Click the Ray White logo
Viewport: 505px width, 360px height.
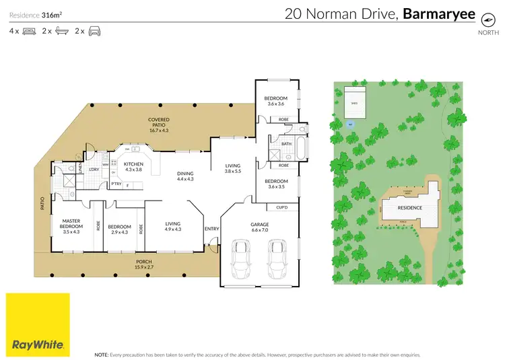pyautogui.click(x=38, y=324)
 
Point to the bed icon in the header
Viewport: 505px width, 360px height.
pyautogui.click(x=29, y=31)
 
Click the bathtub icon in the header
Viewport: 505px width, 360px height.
pyautogui.click(x=61, y=31)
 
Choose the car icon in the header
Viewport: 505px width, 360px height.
pyautogui.click(x=94, y=31)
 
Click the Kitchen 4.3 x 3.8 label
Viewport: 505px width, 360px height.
pyautogui.click(x=133, y=167)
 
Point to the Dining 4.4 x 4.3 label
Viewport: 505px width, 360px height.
pyautogui.click(x=185, y=176)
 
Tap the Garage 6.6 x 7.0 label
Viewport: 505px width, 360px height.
pyautogui.click(x=259, y=227)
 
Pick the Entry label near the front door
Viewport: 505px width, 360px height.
pyautogui.click(x=212, y=229)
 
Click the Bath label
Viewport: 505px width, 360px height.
pyautogui.click(x=286, y=143)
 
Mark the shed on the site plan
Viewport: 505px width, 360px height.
pyautogui.click(x=354, y=103)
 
